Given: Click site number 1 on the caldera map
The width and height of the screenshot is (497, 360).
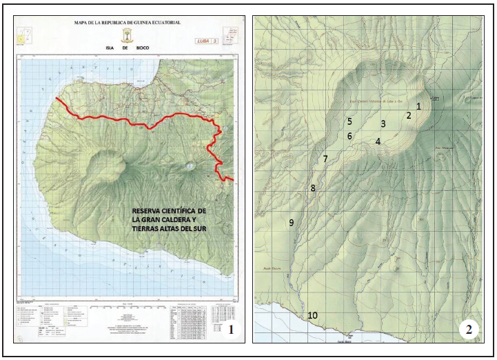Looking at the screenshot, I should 418,106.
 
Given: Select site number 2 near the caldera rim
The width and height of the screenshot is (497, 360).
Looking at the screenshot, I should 408,115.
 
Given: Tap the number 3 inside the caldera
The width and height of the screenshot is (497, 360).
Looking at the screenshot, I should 383,124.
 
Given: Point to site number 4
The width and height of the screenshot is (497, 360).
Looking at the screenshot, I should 378,141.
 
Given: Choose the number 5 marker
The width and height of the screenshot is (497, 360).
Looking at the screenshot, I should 349,121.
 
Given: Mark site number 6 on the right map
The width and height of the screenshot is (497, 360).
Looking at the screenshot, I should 349,136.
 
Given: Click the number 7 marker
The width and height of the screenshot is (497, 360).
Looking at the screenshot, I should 325,159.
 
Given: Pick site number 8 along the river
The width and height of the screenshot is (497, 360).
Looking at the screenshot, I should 312,188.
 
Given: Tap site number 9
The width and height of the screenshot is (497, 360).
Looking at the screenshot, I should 292,222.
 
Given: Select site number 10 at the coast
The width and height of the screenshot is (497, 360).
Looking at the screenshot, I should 312,316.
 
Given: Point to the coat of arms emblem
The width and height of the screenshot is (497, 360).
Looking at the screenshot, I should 128,35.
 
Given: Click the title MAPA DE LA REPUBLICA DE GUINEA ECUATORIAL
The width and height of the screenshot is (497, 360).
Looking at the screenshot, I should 128,23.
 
